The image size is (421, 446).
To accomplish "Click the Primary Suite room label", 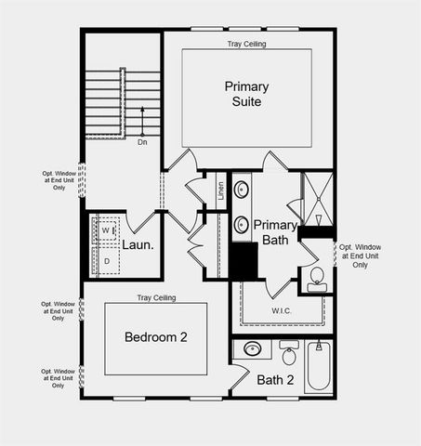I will coord(246,94).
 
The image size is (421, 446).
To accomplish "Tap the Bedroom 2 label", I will coord(156,337).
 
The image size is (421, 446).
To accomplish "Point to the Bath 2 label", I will coord(275,379).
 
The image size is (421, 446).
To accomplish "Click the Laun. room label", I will coord(138,246).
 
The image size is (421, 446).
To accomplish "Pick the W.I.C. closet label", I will coord(283,310).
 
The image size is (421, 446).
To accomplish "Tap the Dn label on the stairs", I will coord(142,142).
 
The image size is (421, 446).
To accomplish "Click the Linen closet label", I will coord(221,190).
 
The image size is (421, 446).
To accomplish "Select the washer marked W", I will coord(106,230).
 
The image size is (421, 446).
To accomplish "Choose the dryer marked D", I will coord(106,261).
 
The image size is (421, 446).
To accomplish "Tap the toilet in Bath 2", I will coord(288,355).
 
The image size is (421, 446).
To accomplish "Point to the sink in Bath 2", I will coord(253,350).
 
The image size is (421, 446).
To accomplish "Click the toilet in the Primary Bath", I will coord(317,277).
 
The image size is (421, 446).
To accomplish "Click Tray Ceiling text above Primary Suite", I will coord(247,44).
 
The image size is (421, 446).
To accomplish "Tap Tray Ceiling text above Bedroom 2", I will coord(156,298).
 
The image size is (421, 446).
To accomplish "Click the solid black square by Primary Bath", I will coord(243,259).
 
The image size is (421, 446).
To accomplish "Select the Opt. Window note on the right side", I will coord(361,256).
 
